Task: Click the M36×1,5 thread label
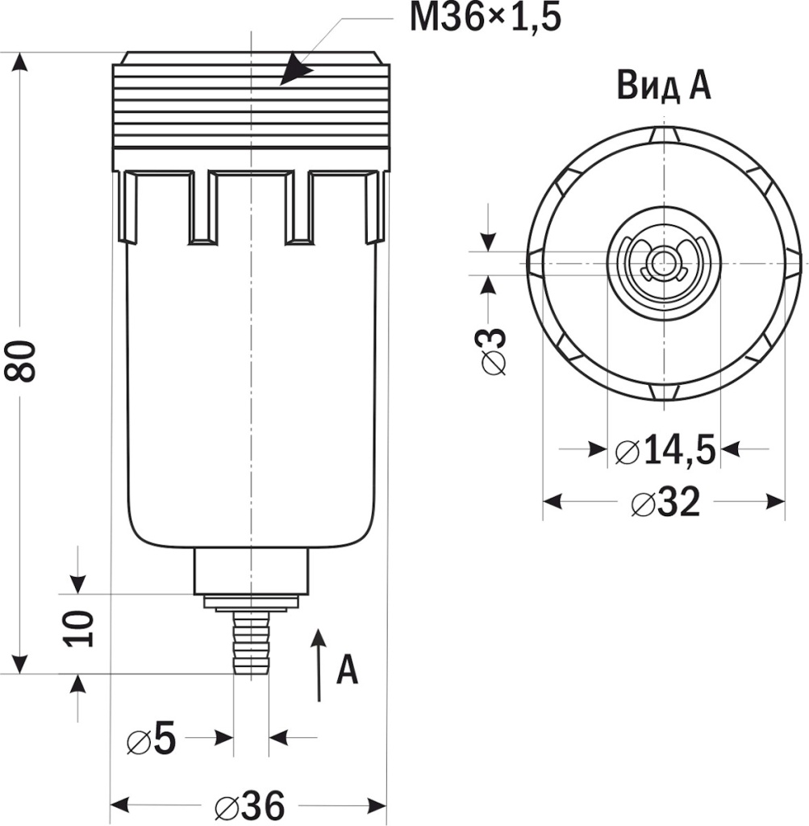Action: point(484,18)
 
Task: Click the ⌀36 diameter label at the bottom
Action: point(250,804)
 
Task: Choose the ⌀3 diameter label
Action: point(494,351)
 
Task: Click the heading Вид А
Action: point(664,86)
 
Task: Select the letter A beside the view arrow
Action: point(347,670)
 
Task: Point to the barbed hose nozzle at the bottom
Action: point(250,643)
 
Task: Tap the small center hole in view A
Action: point(663,263)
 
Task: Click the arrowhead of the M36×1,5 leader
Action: point(297,70)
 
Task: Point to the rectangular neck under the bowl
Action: point(252,571)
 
